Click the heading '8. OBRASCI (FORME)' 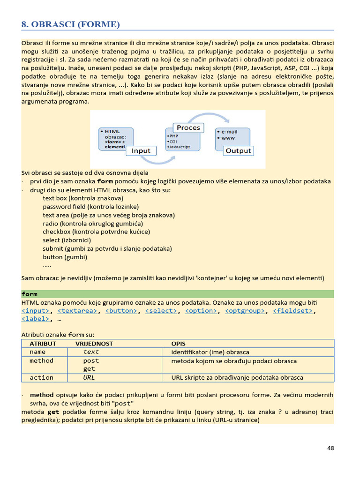coord(71,24)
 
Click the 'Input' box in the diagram coord(141,150)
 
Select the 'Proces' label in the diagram coord(188,127)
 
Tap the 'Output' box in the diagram coord(239,150)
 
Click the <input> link coord(36,310)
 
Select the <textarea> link coord(78,310)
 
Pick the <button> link coord(121,310)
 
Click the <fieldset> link coord(292,310)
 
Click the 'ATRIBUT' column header coord(43,344)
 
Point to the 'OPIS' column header coord(178,344)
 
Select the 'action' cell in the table coord(42,377)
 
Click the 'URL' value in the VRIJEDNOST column coord(89,377)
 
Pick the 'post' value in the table coord(91,361)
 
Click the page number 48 coord(330,448)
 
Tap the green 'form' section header coord(30,294)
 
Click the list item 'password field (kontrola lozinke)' coord(91,206)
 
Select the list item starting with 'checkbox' coord(96,232)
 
